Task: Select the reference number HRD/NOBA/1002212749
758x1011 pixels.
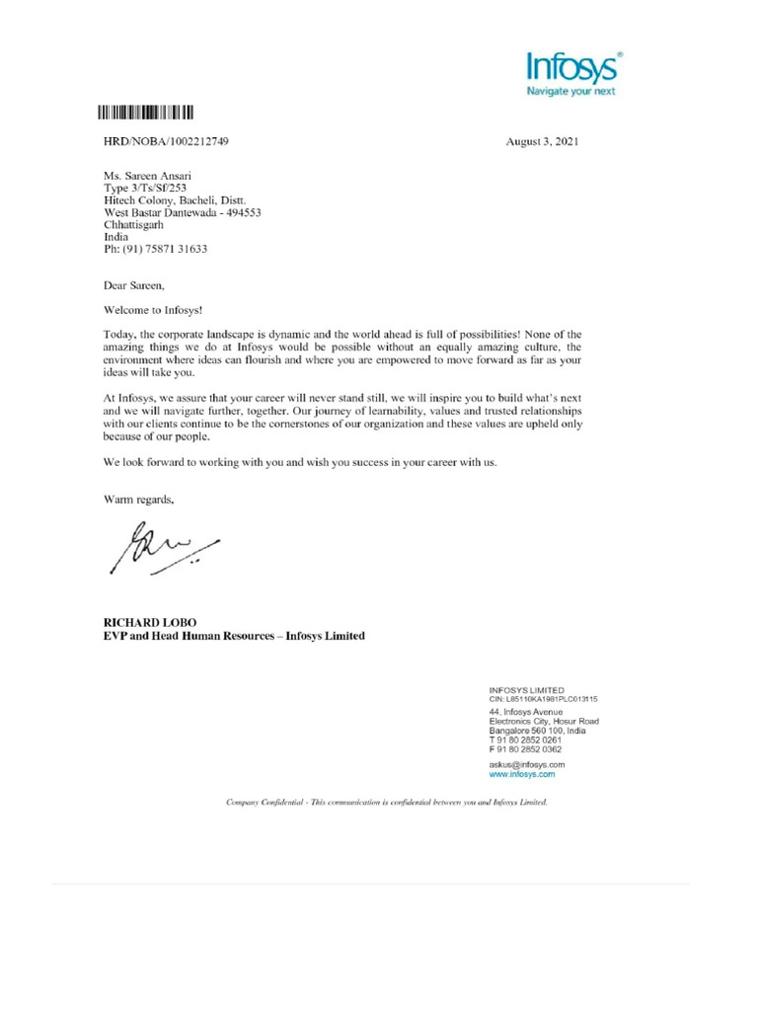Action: coord(166,141)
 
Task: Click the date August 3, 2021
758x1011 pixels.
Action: coord(542,141)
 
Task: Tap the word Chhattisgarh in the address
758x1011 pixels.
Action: coord(134,224)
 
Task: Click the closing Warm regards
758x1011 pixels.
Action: coord(139,500)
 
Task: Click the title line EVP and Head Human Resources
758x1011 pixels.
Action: coord(234,637)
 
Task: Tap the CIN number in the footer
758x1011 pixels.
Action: coord(544,699)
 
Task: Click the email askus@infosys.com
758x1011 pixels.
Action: coord(527,765)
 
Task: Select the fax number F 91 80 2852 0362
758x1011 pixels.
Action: coord(525,750)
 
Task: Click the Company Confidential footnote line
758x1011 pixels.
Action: coord(386,804)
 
